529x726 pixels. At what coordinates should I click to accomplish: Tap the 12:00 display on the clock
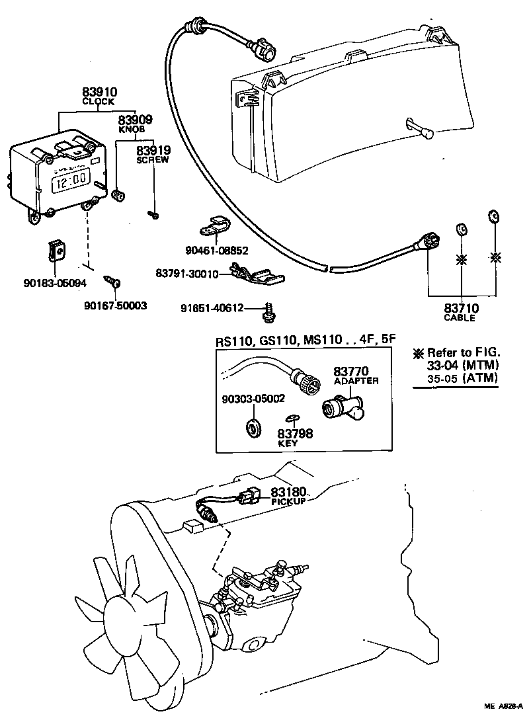click(x=71, y=179)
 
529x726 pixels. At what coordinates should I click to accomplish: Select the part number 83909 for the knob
click(x=135, y=120)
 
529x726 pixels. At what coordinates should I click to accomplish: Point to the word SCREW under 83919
click(x=152, y=160)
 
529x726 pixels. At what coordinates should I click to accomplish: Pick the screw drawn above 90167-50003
click(x=112, y=282)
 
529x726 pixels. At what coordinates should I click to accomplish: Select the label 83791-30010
click(x=186, y=273)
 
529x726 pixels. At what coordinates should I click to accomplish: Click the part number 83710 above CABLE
click(x=461, y=308)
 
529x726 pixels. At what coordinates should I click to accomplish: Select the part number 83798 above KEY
click(x=295, y=434)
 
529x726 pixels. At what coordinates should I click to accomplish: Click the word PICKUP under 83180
click(x=288, y=503)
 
